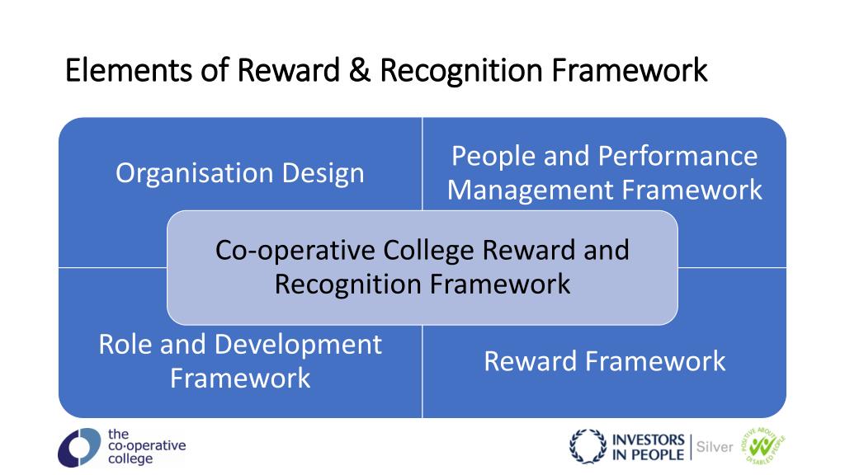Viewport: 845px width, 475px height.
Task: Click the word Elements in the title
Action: click(130, 71)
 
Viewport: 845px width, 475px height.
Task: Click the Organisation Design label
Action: click(239, 173)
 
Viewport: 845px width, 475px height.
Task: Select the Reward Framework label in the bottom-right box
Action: click(604, 361)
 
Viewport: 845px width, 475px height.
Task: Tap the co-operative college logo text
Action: click(146, 446)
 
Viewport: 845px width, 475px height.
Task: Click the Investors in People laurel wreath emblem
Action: click(588, 447)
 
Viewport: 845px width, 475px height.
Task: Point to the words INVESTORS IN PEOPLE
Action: click(649, 447)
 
